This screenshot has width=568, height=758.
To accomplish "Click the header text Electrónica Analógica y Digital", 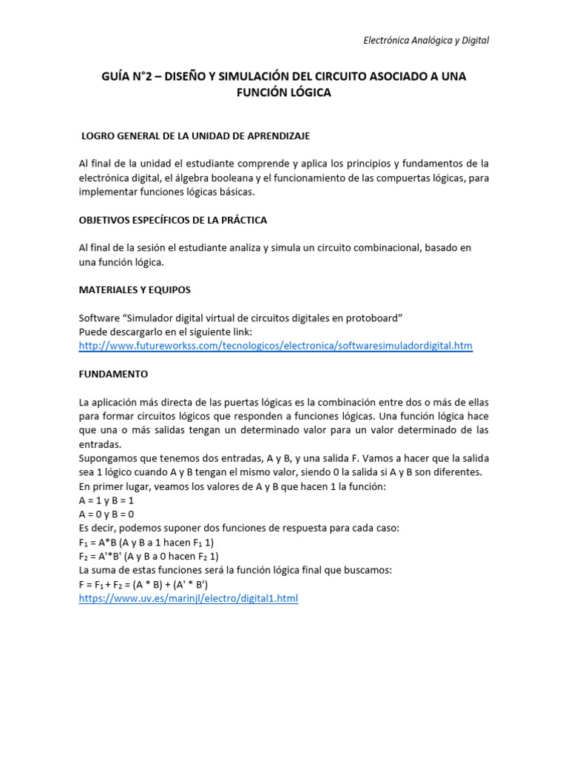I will (x=426, y=41).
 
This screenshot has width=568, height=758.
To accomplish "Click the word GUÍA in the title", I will (x=118, y=76).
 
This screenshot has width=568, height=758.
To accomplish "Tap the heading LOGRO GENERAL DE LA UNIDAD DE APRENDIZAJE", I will (x=195, y=136).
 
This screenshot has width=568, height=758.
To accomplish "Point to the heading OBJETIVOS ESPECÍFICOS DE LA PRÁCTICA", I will (x=173, y=221).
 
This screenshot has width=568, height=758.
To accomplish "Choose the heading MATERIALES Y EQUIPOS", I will (x=135, y=289).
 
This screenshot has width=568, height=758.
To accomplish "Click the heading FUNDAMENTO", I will (x=113, y=374).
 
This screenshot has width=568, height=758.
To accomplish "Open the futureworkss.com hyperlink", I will (x=275, y=346).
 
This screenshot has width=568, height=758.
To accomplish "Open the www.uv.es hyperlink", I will (x=188, y=598).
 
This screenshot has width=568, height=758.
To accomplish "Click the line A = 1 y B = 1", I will (x=106, y=500).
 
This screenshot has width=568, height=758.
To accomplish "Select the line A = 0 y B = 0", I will (x=106, y=514).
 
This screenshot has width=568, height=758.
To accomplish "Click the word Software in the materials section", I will (x=99, y=318).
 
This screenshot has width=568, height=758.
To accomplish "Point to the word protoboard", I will (x=370, y=318).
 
